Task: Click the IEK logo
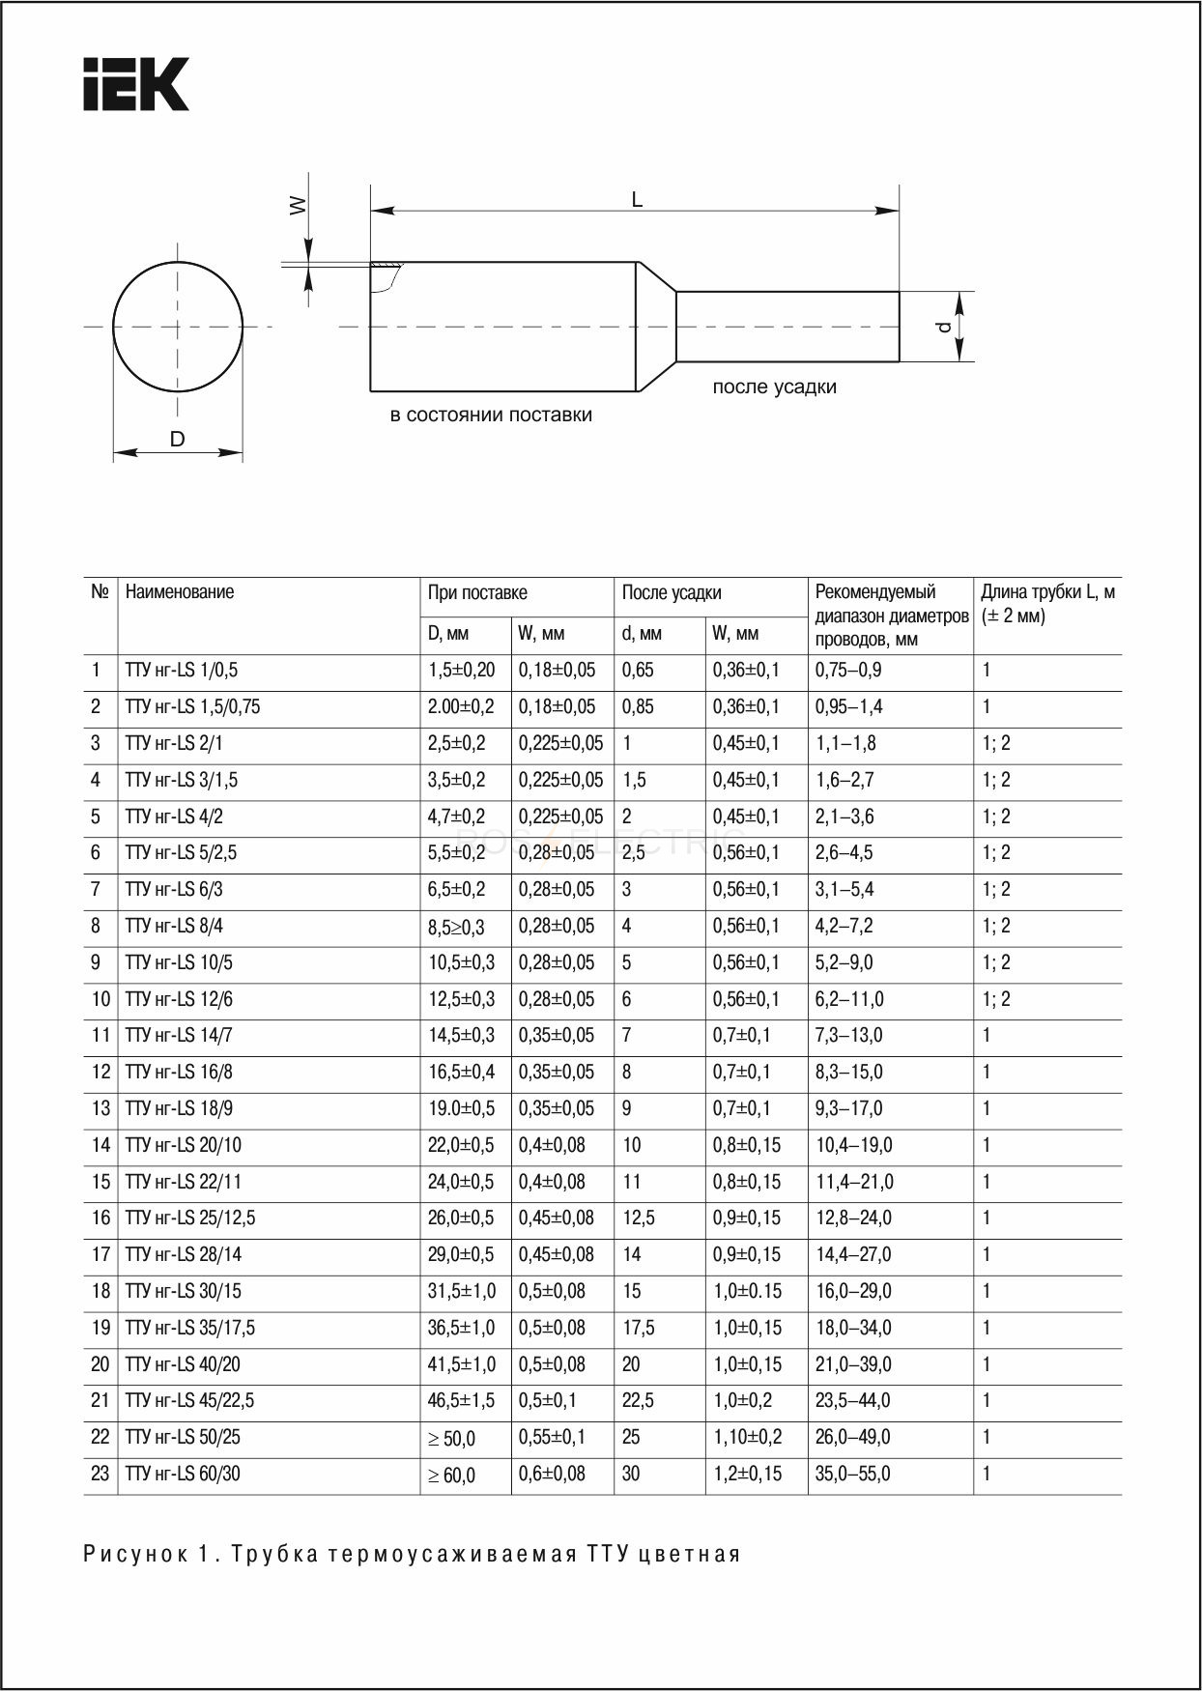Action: (x=135, y=84)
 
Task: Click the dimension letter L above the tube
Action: (x=637, y=200)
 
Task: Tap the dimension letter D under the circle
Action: (x=178, y=440)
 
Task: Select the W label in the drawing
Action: (x=299, y=205)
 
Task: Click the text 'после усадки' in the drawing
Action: (x=774, y=387)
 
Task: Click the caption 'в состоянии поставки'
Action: (x=491, y=416)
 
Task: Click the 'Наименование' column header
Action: (x=180, y=592)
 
